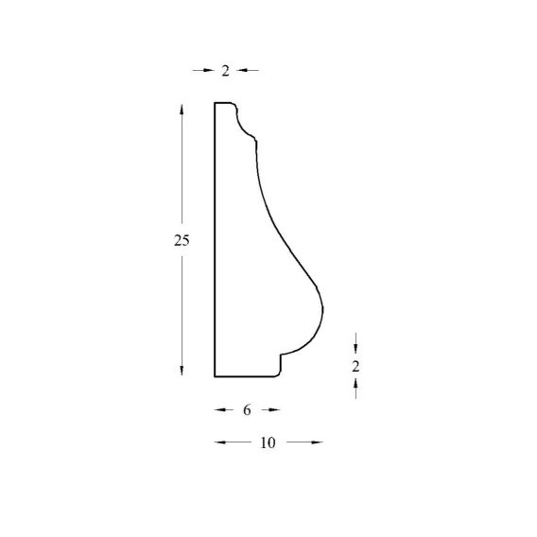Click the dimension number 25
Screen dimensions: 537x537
click(x=182, y=241)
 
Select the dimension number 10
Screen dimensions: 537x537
click(x=268, y=442)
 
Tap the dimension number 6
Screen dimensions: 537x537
click(x=247, y=410)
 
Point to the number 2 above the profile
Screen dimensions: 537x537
click(x=225, y=71)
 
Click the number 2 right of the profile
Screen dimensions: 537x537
click(x=355, y=367)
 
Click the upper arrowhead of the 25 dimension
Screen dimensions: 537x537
click(x=182, y=109)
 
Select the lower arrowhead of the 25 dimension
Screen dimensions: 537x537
click(x=182, y=371)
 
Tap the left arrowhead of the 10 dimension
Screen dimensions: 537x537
click(x=220, y=442)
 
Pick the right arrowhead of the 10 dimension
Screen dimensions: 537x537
click(x=317, y=442)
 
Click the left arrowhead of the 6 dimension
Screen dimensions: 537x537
click(x=220, y=409)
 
